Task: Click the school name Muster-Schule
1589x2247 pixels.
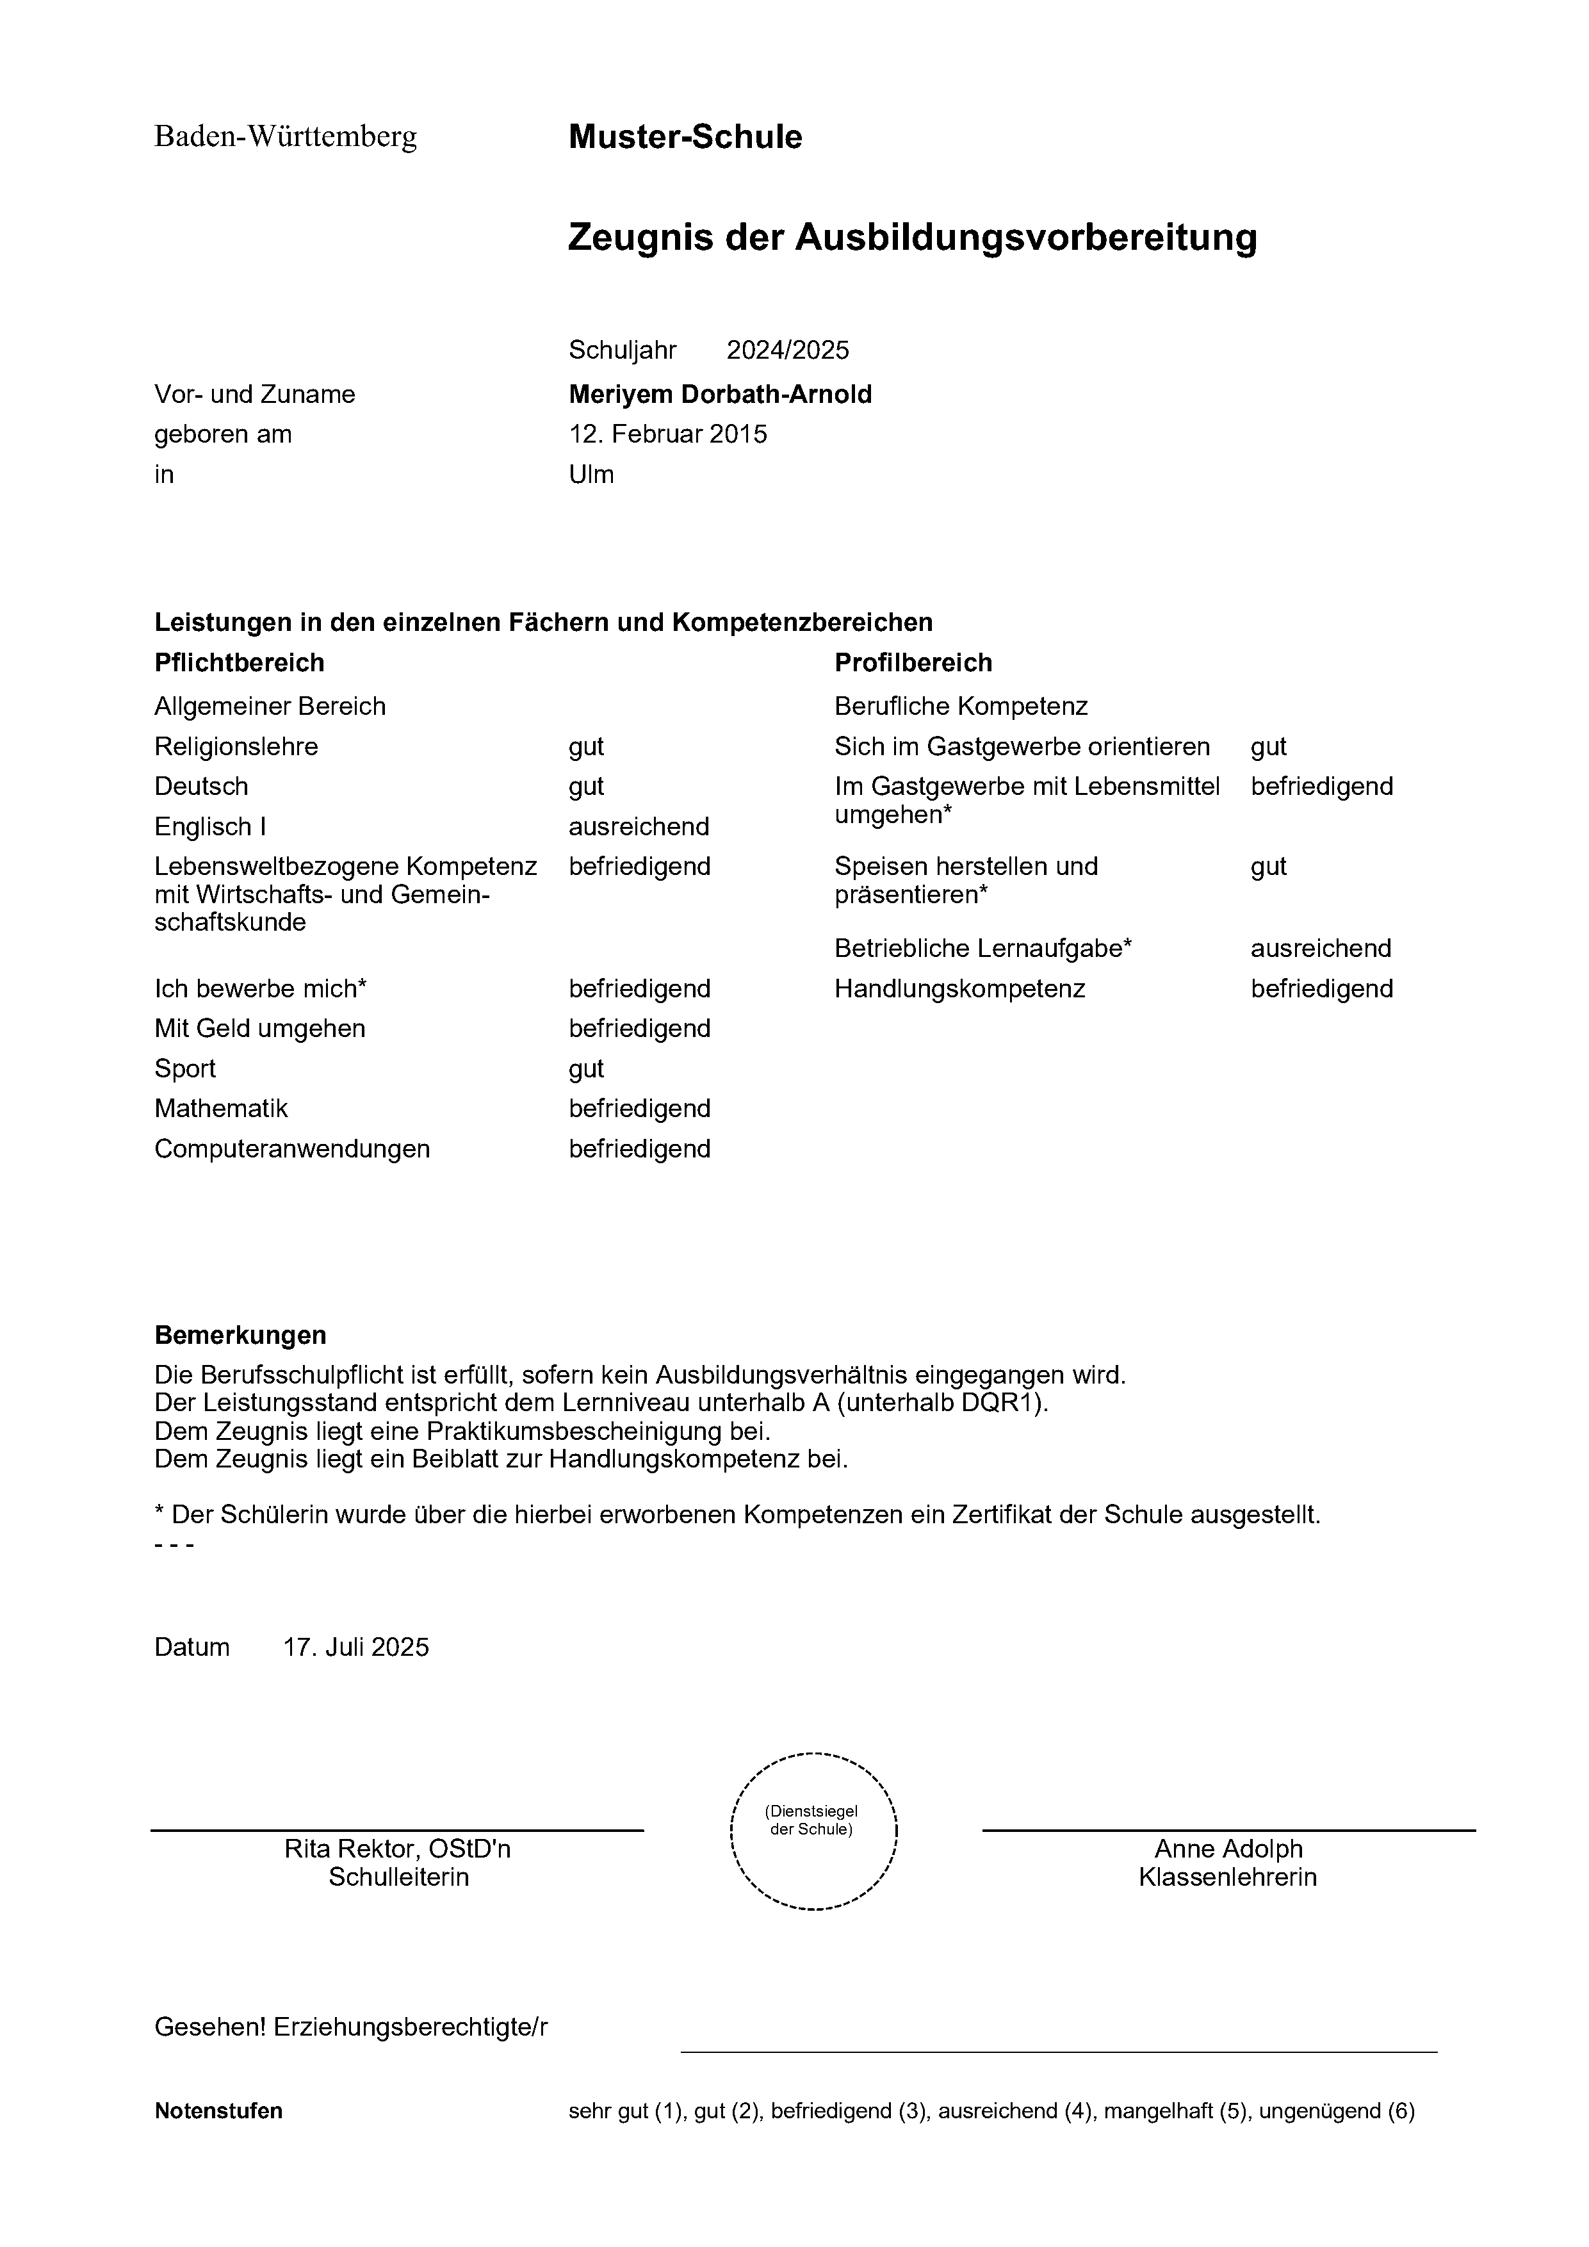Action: (x=685, y=137)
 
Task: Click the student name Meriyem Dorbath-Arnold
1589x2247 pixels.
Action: (x=720, y=395)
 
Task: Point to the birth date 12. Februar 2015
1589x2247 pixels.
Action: (x=668, y=434)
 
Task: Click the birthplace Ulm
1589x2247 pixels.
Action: (x=591, y=475)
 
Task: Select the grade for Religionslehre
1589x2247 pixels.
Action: (x=586, y=747)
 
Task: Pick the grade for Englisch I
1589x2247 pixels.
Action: (x=639, y=827)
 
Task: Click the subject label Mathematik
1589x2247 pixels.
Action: (x=221, y=1108)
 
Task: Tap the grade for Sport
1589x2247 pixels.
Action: (x=586, y=1068)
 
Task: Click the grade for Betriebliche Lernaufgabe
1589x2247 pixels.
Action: (x=1321, y=949)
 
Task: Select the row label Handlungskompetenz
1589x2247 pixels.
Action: (x=960, y=988)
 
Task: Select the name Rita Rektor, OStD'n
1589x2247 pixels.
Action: (x=397, y=1849)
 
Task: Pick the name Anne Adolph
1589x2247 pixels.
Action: (x=1228, y=1849)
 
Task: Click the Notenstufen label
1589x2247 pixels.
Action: (x=218, y=2111)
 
